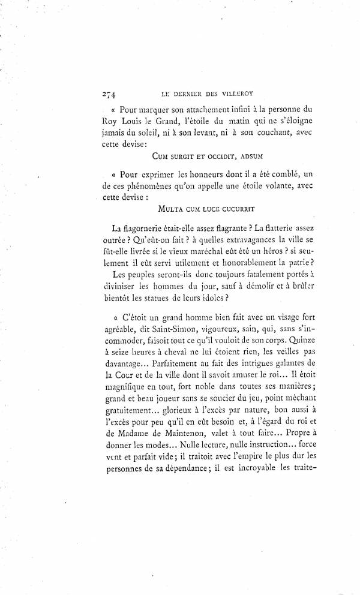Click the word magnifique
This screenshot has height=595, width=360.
coord(121,395)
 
